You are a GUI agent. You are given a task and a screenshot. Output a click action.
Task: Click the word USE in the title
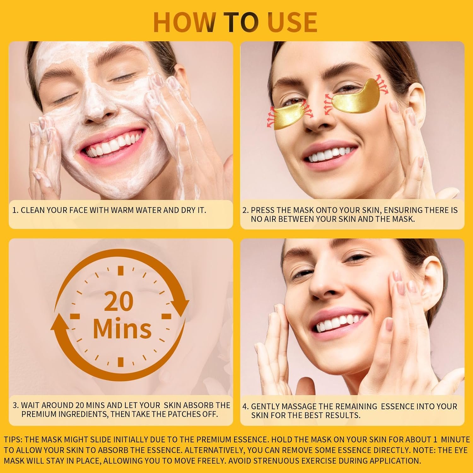pos(292,22)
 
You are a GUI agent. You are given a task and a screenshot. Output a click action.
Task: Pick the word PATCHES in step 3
pos(186,414)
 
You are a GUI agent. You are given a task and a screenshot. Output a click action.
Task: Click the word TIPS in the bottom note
pos(13,440)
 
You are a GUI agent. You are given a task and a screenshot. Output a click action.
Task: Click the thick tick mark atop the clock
pos(120,271)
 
